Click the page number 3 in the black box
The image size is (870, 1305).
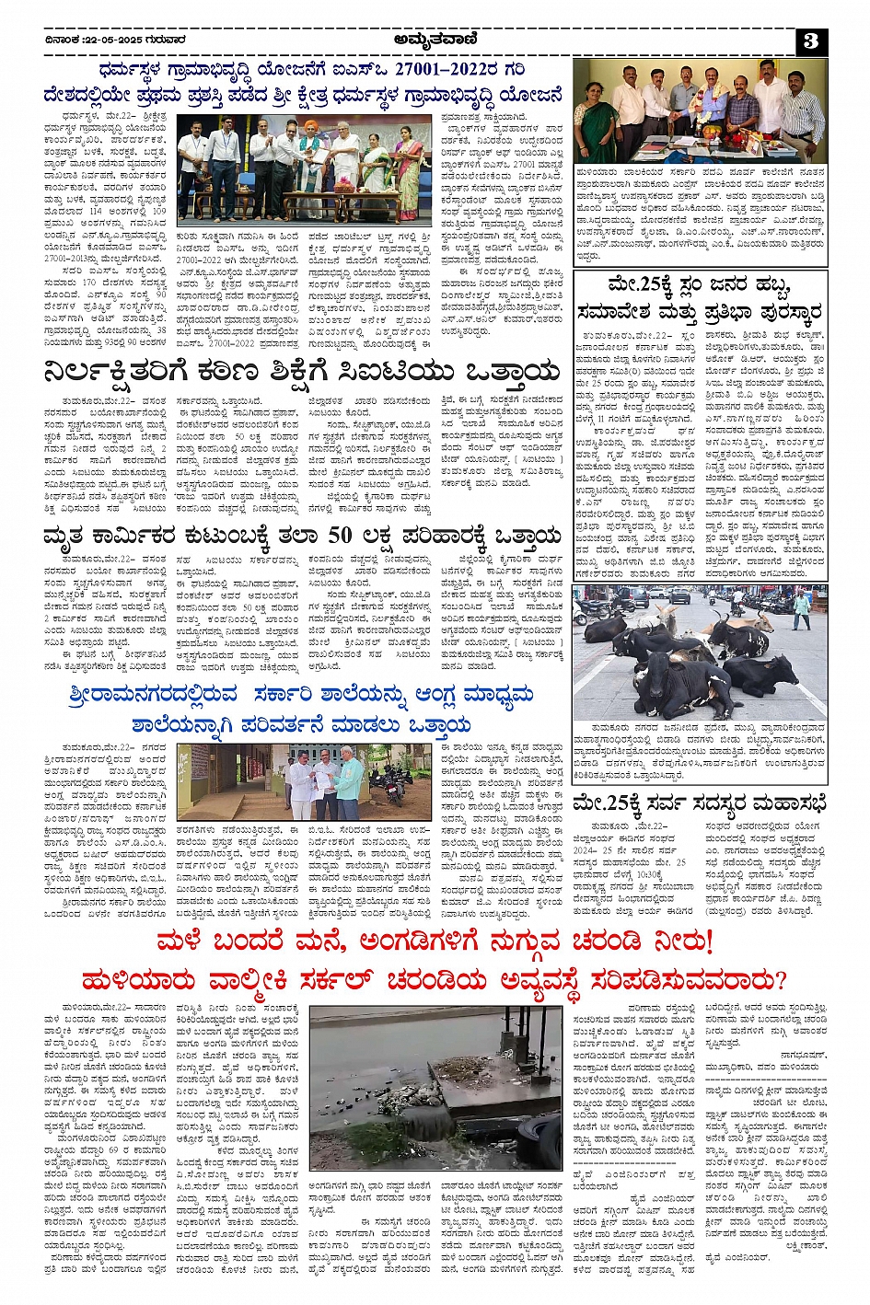point(810,40)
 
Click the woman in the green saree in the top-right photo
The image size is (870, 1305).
point(595,125)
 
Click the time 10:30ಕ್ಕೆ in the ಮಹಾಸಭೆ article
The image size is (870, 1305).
point(679,873)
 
